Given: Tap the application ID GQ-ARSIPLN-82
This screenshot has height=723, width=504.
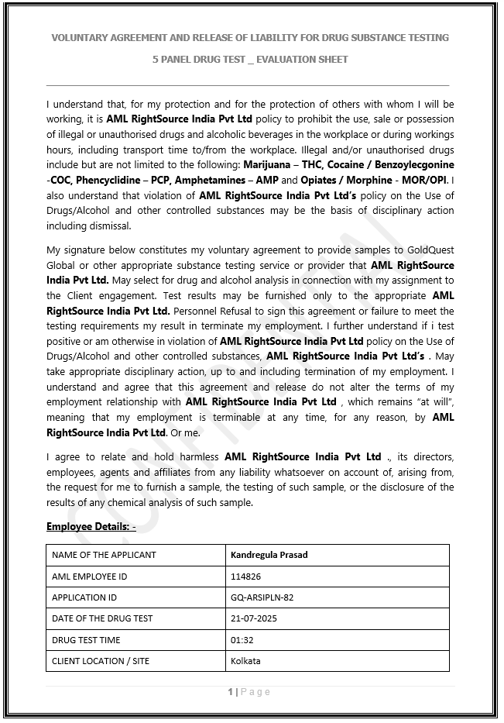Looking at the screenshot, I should coord(262,597).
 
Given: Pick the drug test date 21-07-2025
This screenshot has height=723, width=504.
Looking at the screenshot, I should coord(254,618).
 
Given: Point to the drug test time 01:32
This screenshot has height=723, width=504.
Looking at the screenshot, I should coord(242,640).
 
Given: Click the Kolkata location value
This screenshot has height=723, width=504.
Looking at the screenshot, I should coord(245,661).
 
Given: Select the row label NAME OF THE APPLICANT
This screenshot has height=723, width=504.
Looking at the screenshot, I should coord(104,555).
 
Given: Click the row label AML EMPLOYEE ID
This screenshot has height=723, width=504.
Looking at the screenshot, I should coord(89,577).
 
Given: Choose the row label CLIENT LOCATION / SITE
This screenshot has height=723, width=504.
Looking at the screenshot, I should coord(101,661).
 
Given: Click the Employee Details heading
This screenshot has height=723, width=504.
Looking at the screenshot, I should coord(91,527).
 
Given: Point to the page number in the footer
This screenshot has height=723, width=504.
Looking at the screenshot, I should coord(249,692).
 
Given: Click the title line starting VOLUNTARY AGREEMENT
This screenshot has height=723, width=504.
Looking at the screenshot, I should coord(250,37).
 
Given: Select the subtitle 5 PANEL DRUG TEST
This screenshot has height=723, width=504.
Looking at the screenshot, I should coord(250,59).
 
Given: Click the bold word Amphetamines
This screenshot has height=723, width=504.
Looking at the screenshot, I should coord(207,180).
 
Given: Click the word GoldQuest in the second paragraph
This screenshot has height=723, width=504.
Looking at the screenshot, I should coord(430,250).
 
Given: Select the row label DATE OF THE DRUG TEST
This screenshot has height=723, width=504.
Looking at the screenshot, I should coord(102,618).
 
